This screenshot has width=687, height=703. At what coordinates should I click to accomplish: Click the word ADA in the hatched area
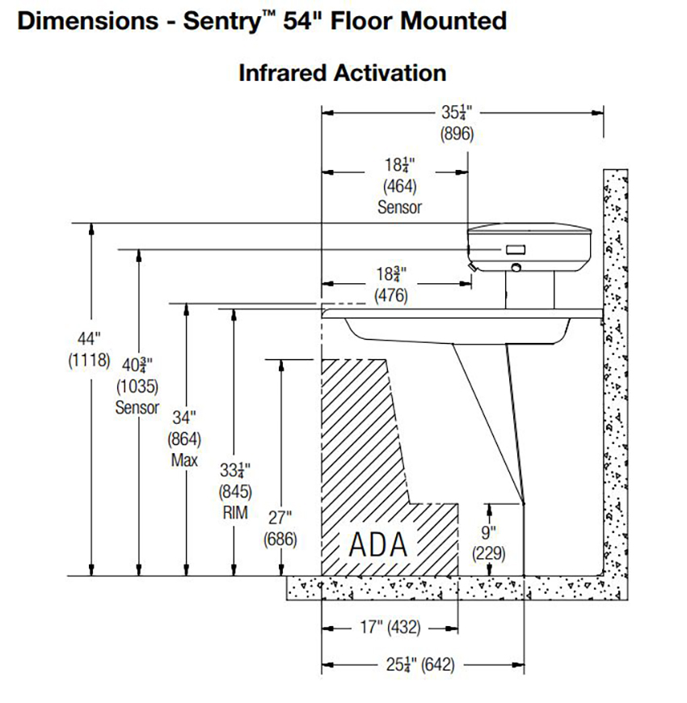[377, 544]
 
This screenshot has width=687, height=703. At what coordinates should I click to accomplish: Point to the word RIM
[234, 512]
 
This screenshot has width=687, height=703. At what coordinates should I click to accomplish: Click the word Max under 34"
[184, 461]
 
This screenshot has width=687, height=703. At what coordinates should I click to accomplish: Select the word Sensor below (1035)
[137, 407]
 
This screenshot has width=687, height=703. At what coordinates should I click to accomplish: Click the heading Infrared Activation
[342, 73]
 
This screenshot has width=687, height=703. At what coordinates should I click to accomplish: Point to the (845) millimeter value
[234, 490]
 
